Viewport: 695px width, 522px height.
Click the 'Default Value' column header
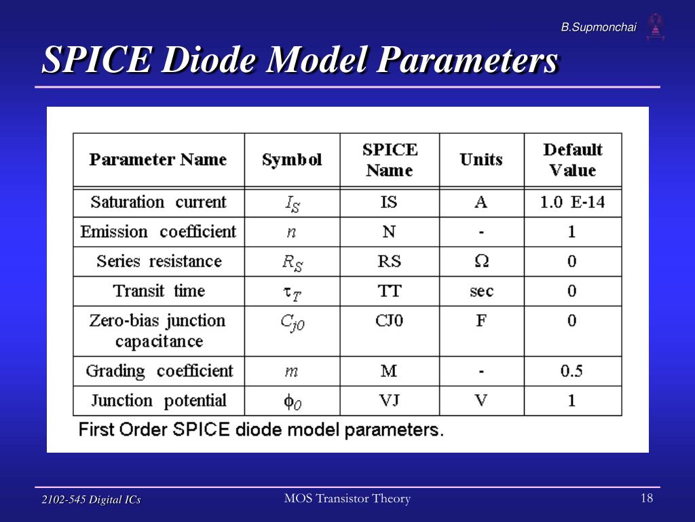coord(572,160)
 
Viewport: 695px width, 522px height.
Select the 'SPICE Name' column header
coord(390,160)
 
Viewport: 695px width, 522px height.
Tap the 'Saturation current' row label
coord(158,203)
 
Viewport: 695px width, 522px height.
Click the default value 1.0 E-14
coord(572,203)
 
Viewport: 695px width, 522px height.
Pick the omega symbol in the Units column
coord(481,261)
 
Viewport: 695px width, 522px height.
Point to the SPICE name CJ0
coord(390,320)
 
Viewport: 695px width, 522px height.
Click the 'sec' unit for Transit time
coord(481,291)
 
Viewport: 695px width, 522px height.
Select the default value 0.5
coord(572,371)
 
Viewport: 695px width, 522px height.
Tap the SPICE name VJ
coord(390,400)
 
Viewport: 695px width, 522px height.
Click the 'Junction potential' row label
coord(158,400)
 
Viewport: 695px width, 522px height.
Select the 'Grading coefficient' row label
coord(158,371)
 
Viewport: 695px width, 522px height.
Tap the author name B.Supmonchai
coord(598,27)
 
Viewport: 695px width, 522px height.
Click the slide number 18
coord(646,499)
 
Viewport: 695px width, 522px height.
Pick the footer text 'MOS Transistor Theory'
coord(347,499)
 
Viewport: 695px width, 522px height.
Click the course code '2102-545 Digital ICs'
coord(91,500)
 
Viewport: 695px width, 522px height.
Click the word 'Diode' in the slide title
coord(211,61)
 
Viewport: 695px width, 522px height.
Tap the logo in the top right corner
coord(655,27)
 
